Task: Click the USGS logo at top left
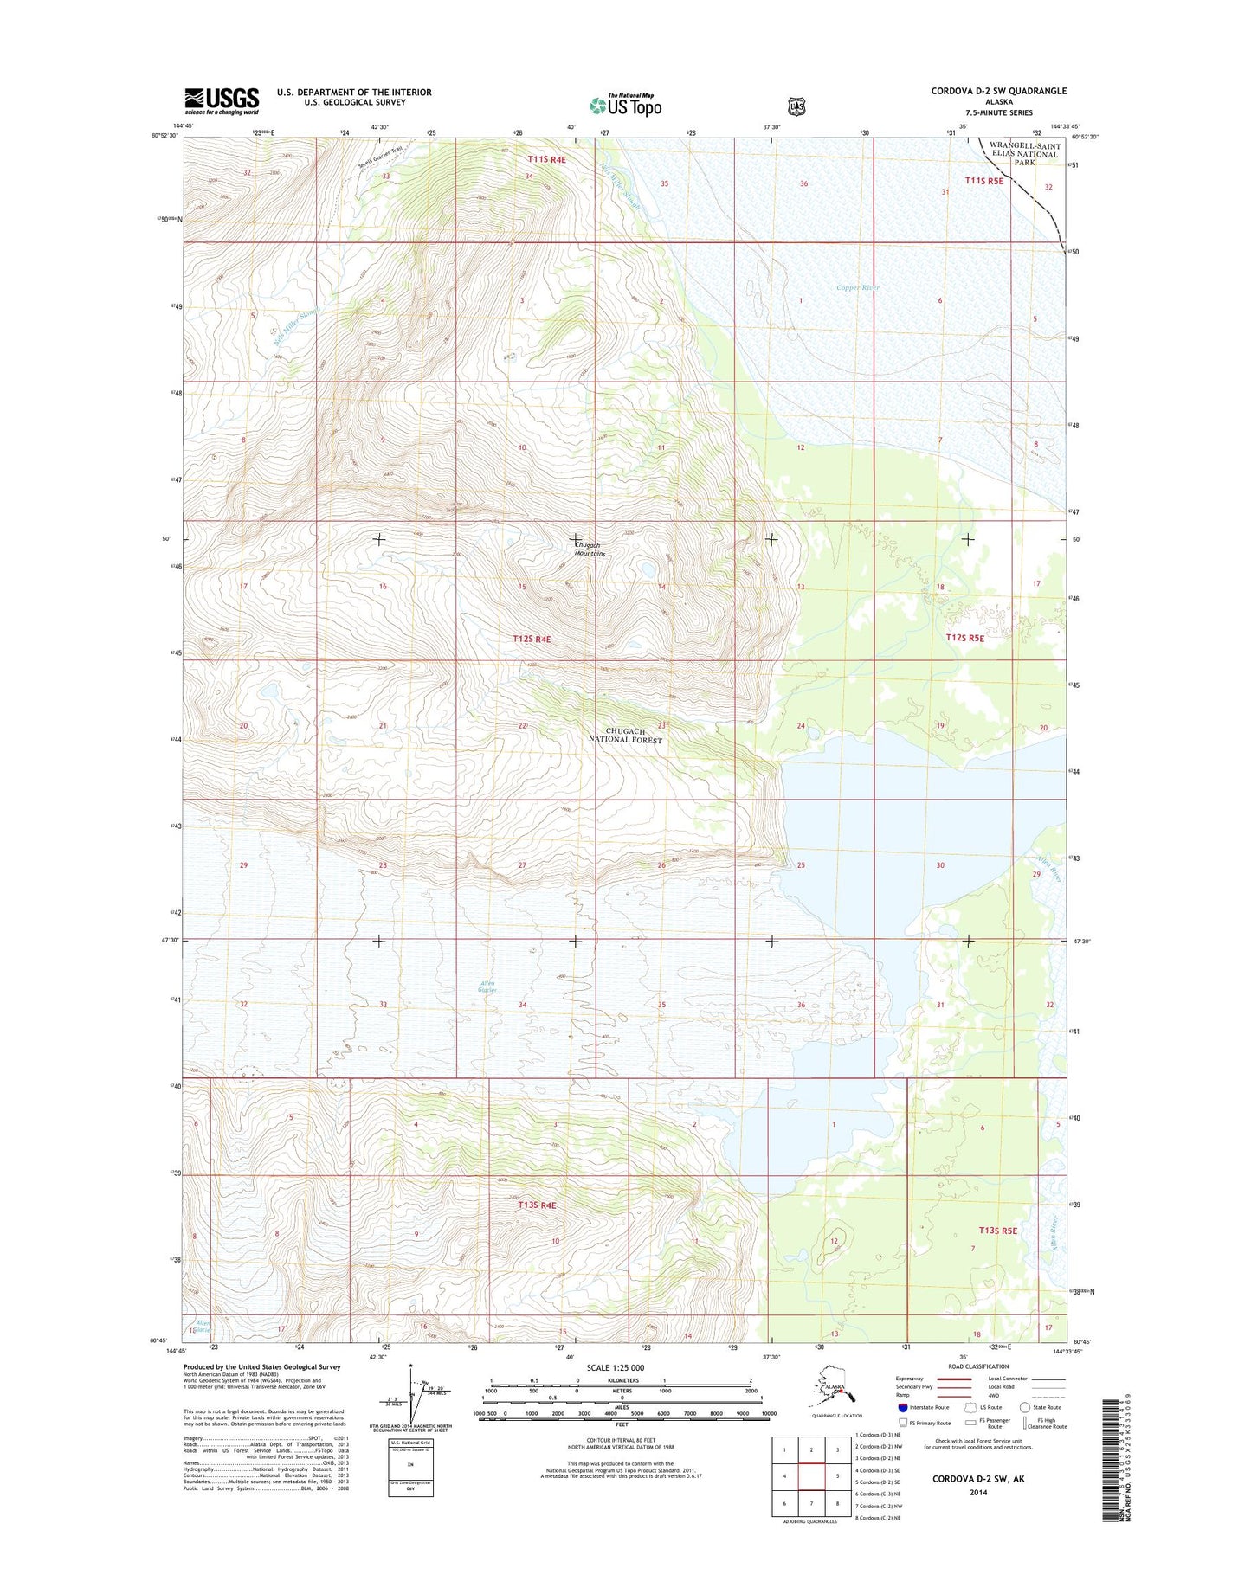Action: (221, 100)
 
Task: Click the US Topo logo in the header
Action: (625, 106)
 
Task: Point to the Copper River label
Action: (857, 287)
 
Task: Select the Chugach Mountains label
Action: (590, 549)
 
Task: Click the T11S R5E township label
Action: (983, 181)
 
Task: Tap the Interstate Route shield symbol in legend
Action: (903, 1407)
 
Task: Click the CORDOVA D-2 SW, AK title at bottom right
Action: (977, 1479)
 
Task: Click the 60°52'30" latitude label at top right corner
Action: (1085, 136)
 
